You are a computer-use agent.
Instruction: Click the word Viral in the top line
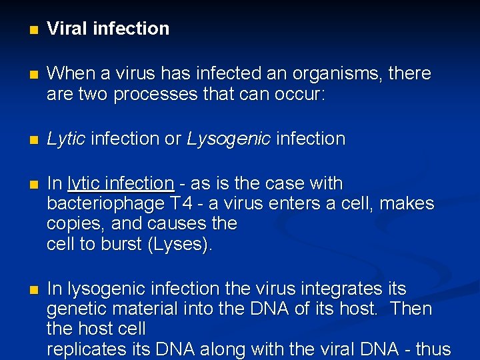pyautogui.click(x=67, y=29)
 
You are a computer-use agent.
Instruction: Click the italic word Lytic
pyautogui.click(x=66, y=139)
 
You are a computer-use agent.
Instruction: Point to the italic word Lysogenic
pyautogui.click(x=229, y=139)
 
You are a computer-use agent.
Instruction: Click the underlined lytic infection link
pyautogui.click(x=121, y=183)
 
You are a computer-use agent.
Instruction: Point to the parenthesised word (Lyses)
pyautogui.click(x=181, y=244)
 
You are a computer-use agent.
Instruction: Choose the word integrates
pyautogui.click(x=343, y=289)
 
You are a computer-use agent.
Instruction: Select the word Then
pyautogui.click(x=411, y=309)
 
